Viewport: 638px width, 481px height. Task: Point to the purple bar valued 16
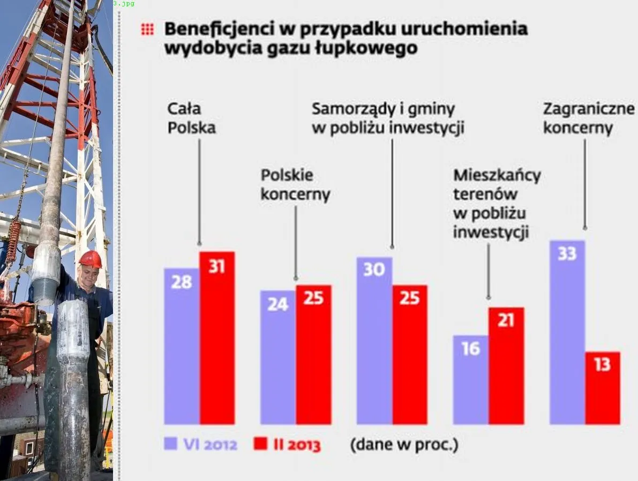(470, 380)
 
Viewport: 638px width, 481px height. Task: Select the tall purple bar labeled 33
(567, 332)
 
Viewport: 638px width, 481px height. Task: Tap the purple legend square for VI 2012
(171, 444)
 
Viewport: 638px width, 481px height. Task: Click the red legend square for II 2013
(260, 444)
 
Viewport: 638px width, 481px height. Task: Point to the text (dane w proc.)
(404, 445)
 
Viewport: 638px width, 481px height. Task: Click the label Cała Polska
(191, 118)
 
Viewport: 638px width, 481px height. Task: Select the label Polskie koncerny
(295, 185)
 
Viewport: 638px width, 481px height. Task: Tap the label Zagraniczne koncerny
(588, 118)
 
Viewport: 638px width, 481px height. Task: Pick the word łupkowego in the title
(376, 48)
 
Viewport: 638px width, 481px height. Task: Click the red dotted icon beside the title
(147, 29)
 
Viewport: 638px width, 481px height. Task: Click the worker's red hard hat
(91, 259)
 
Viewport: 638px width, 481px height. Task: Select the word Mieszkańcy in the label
(497, 176)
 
